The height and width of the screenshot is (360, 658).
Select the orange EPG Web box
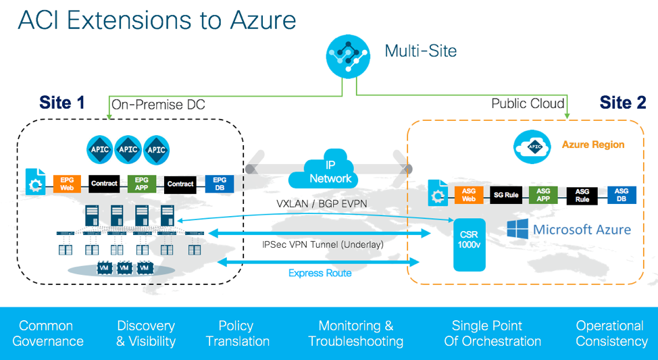click(x=67, y=183)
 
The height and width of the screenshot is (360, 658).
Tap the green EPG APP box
click(x=142, y=183)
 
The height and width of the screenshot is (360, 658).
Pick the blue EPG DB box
click(x=220, y=183)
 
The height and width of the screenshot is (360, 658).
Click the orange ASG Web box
click(x=469, y=195)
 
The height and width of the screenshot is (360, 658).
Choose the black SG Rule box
click(x=506, y=195)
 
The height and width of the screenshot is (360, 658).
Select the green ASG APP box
click(x=543, y=195)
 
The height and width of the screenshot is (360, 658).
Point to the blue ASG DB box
click(x=621, y=195)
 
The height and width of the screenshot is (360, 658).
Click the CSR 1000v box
click(x=470, y=244)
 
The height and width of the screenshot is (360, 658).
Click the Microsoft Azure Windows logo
click(x=517, y=228)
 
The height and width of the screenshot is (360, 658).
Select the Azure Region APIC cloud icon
click(x=533, y=145)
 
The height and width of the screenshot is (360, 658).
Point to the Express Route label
click(x=320, y=273)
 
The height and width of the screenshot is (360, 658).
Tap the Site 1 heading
click(x=62, y=103)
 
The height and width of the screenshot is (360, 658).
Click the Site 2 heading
click(x=622, y=103)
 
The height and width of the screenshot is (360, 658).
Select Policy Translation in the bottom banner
click(x=237, y=334)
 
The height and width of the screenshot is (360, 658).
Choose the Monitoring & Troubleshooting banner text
click(x=355, y=334)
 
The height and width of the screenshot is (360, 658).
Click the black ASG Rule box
click(x=582, y=195)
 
